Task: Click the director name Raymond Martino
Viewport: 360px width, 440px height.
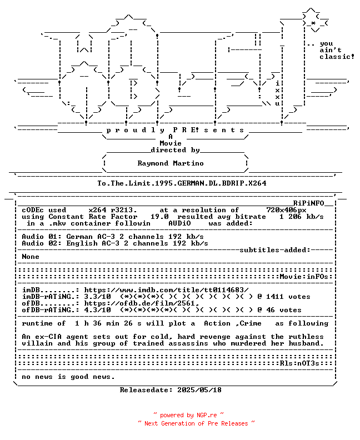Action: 171,163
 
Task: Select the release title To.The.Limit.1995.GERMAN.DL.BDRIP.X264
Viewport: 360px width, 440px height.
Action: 182,183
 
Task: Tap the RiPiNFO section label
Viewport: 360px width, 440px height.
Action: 309,203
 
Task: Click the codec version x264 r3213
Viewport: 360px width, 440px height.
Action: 113,210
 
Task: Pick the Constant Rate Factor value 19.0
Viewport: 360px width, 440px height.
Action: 159,217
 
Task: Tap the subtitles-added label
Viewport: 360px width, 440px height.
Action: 275,250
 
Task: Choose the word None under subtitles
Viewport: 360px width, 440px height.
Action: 31,257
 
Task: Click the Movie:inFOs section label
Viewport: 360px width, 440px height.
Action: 304,277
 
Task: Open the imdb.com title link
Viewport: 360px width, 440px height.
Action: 167,290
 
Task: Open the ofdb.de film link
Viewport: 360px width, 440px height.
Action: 142,303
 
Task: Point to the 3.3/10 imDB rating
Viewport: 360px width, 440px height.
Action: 97,297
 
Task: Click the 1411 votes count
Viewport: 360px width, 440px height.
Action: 288,297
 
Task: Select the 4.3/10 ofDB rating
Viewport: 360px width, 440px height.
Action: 97,310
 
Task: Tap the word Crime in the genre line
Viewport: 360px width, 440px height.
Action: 251,323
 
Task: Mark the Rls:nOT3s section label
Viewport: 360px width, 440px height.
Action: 299,363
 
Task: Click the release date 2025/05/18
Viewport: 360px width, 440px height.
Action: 199,390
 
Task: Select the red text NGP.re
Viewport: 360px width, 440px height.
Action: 207,416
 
